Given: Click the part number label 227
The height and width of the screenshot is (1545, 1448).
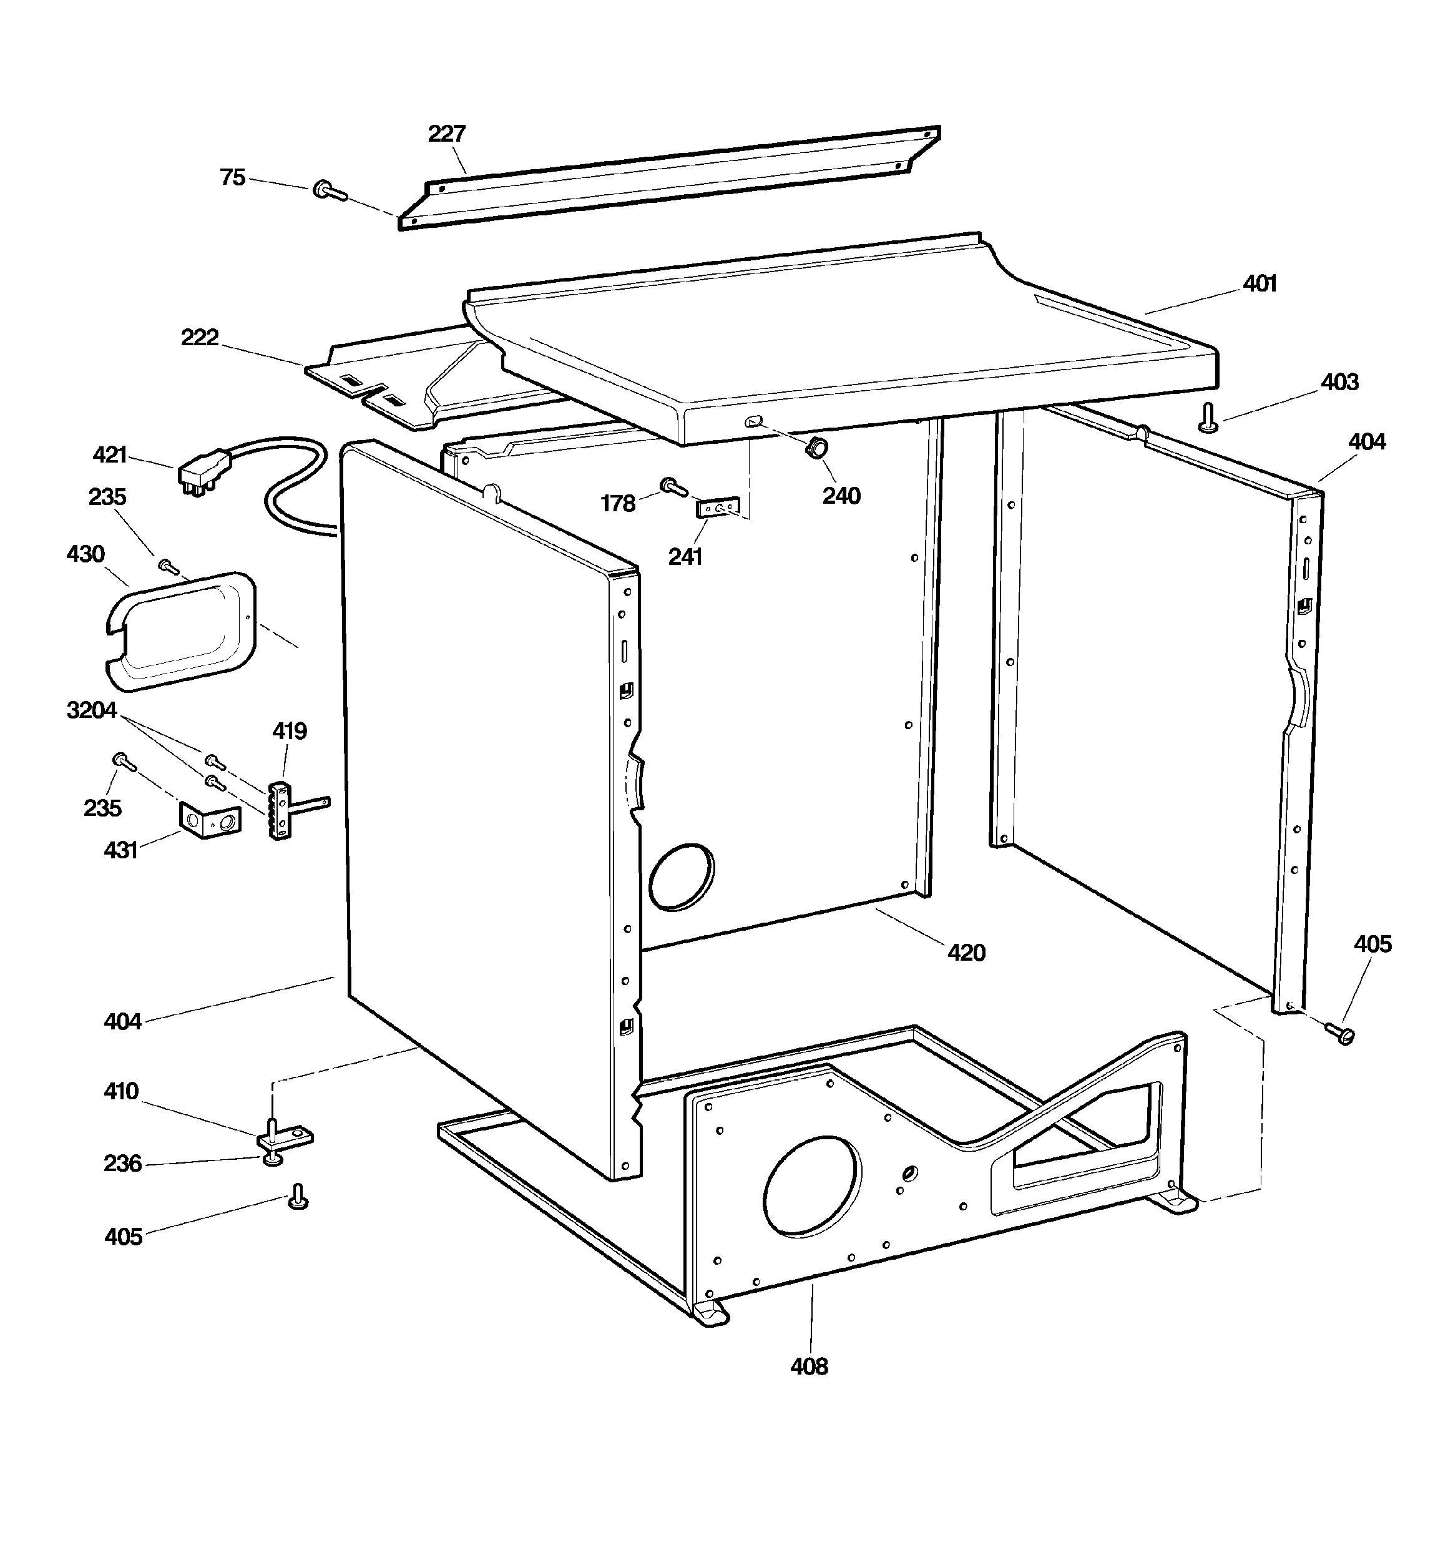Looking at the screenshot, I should [x=446, y=134].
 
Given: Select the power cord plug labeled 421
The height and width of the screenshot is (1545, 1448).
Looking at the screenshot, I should [x=203, y=473].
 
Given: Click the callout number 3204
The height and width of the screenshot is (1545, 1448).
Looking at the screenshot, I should [x=92, y=710].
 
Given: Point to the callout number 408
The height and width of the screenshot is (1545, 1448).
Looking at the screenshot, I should [x=808, y=1366].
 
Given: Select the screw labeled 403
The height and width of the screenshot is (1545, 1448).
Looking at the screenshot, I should [x=1208, y=416].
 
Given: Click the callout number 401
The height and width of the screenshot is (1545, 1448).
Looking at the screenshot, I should [x=1259, y=283].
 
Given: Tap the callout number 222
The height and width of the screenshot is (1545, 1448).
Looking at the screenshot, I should [x=200, y=337].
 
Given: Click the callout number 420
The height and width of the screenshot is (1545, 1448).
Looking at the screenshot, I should [x=966, y=952].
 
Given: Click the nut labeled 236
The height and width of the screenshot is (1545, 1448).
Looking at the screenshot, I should [x=272, y=1159].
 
